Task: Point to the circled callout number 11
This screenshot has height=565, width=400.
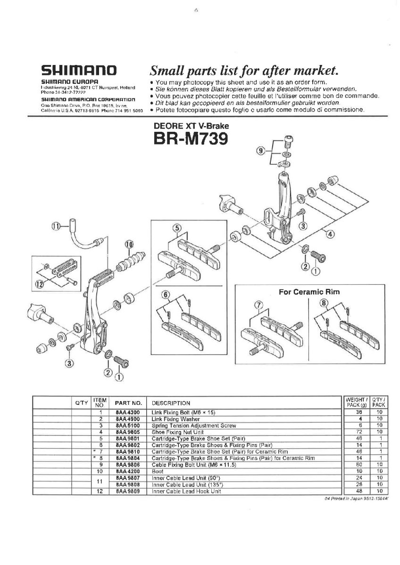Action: point(56,226)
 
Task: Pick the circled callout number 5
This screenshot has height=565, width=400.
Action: point(177,227)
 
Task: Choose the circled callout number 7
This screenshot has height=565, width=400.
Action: point(258,306)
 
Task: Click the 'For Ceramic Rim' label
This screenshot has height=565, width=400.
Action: point(309,291)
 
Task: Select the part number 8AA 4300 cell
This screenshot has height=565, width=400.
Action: point(128,412)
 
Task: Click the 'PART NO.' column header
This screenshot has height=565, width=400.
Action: point(128,403)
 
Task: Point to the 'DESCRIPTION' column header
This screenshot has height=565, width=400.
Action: point(171,403)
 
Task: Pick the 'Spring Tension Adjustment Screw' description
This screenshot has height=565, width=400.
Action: point(193,425)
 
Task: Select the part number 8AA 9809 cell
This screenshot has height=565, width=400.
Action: point(128,491)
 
